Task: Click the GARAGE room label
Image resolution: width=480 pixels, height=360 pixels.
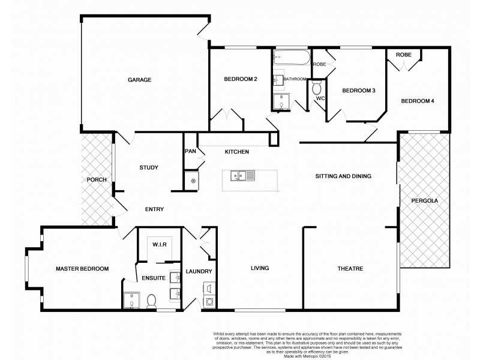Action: click(139, 80)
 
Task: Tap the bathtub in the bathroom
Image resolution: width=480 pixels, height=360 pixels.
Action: click(291, 59)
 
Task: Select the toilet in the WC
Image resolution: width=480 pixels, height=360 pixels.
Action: click(317, 88)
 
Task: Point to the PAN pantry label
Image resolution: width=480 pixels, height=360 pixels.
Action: click(191, 152)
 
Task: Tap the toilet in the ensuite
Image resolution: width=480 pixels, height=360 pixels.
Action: click(152, 299)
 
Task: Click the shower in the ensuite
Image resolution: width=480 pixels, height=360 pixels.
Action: click(131, 299)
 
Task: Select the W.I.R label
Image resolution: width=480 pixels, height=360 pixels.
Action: click(160, 244)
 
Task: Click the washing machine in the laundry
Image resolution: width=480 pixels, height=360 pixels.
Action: click(211, 302)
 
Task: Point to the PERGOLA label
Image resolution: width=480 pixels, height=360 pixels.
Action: click(423, 202)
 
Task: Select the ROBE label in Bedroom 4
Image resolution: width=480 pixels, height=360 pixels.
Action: click(403, 55)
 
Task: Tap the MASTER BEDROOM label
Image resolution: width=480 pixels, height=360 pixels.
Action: click(82, 269)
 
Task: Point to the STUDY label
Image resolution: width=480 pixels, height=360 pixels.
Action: click(148, 167)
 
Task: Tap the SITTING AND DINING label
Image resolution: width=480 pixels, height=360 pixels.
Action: click(344, 176)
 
